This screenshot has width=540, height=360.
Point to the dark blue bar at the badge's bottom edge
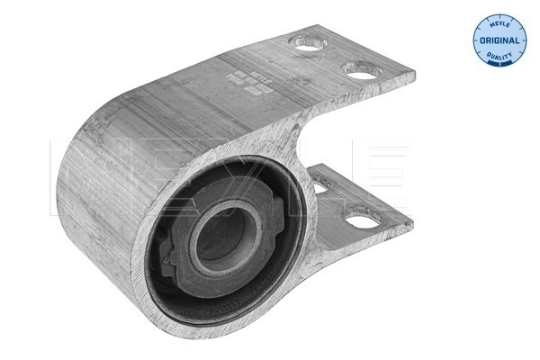(x=499, y=66)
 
